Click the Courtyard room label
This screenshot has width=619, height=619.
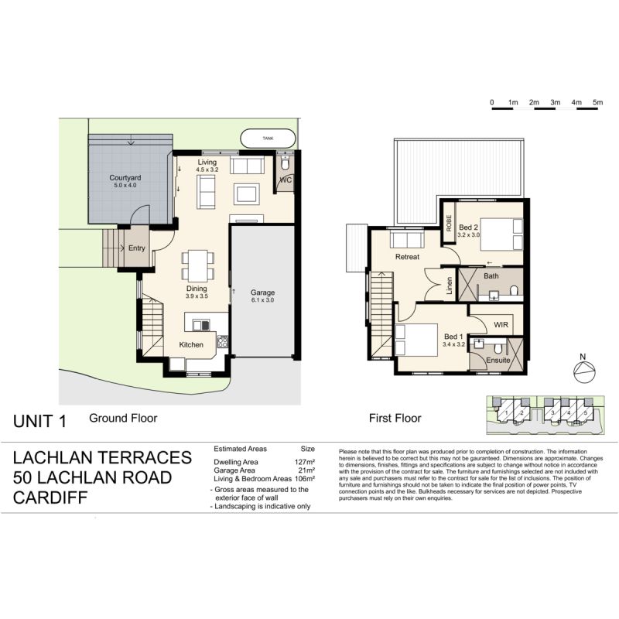tap(125, 177)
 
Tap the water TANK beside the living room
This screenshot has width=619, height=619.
tap(268, 139)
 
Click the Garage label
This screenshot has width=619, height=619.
tap(262, 292)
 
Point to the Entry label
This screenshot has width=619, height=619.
tap(136, 248)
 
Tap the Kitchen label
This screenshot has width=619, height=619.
tap(192, 344)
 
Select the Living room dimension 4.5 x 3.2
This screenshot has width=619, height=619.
tap(207, 169)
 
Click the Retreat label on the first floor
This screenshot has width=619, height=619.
tap(407, 257)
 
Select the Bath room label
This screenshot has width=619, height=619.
tap(491, 275)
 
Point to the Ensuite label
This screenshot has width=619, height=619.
tap(498, 361)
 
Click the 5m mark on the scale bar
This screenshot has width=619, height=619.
tap(597, 102)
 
